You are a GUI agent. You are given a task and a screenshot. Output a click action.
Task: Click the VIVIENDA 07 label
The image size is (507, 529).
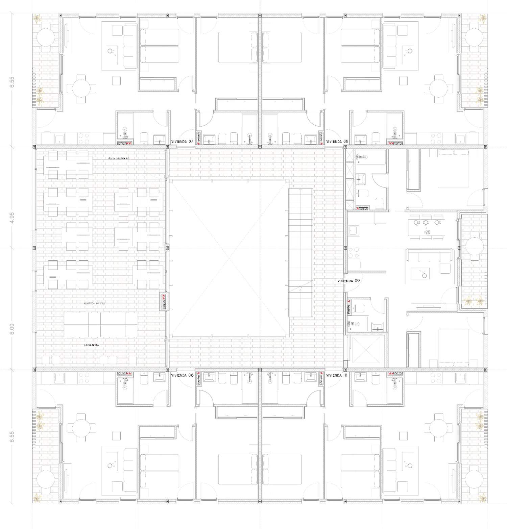182,142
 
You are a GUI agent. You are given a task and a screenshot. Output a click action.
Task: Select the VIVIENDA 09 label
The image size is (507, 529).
349,281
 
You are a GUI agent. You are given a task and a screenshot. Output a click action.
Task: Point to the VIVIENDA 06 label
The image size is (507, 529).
182,375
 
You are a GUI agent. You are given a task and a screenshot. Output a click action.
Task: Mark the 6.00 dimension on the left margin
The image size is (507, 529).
13,329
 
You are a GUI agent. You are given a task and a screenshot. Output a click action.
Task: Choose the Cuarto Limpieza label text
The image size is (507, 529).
95,304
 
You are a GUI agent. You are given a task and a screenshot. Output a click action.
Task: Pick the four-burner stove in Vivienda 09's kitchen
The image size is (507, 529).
354,253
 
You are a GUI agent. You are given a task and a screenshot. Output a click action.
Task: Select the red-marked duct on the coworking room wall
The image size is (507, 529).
164,301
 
